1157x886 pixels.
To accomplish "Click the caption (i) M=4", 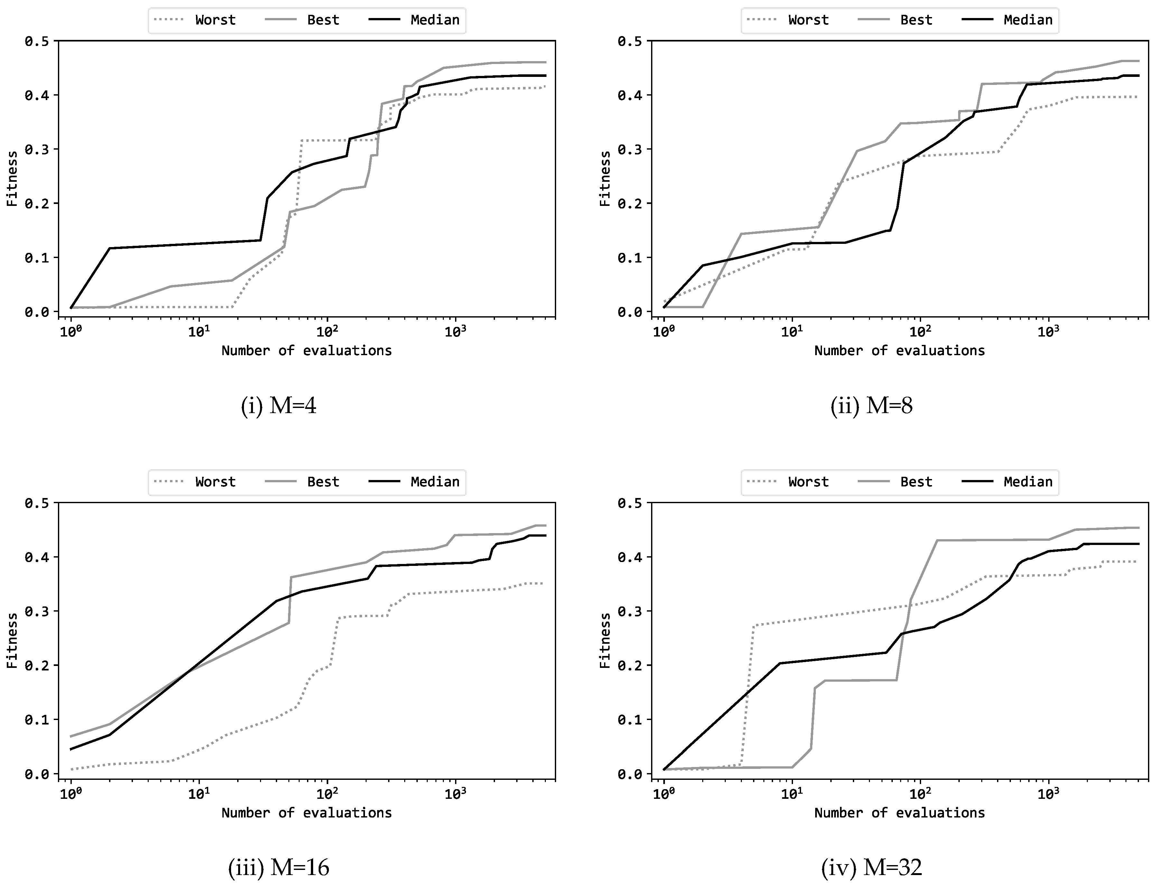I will coord(279,406).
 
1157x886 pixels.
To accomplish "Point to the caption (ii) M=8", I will coord(872,406).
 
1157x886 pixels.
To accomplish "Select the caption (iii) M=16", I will coord(279,868).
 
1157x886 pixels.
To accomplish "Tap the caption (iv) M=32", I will coord(872,868).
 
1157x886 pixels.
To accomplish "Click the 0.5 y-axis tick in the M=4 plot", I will coord(37,41).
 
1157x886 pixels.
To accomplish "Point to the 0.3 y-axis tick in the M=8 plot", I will coord(630,149).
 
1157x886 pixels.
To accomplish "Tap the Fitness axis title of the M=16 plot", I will coord(12,641).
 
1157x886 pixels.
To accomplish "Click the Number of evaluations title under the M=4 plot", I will coord(306,351).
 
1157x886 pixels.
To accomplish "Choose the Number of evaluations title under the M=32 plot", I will coord(900,813).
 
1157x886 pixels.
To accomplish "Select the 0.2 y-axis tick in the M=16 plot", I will coord(37,666).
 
